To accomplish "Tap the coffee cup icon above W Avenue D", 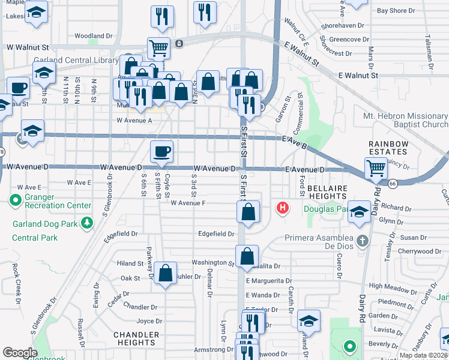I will (161, 152).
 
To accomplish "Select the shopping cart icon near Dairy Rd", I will (376, 168).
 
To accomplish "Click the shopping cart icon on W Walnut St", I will (158, 48).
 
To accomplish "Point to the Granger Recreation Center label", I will (51, 205).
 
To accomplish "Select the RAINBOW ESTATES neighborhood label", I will (388, 148).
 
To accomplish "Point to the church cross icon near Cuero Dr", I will (361, 241).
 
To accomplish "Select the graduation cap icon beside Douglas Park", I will (360, 211).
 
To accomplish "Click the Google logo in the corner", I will (20, 353).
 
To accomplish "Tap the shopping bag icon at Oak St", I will (165, 273).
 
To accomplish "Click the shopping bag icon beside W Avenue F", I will (248, 211).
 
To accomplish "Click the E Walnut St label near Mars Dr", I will (358, 76).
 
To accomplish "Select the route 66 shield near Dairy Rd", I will (392, 183).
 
